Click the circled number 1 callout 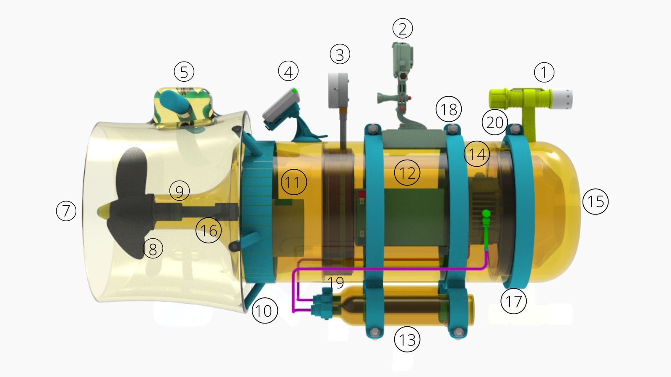tap(544, 72)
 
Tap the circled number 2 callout tap(403, 28)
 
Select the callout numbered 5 tap(184, 72)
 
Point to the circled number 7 tap(66, 210)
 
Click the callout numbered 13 tap(407, 339)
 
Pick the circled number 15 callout tap(596, 201)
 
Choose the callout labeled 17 tap(514, 301)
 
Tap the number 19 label tap(336, 283)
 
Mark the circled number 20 tap(495, 122)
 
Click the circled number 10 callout tap(265, 311)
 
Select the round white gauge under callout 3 tap(338, 90)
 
